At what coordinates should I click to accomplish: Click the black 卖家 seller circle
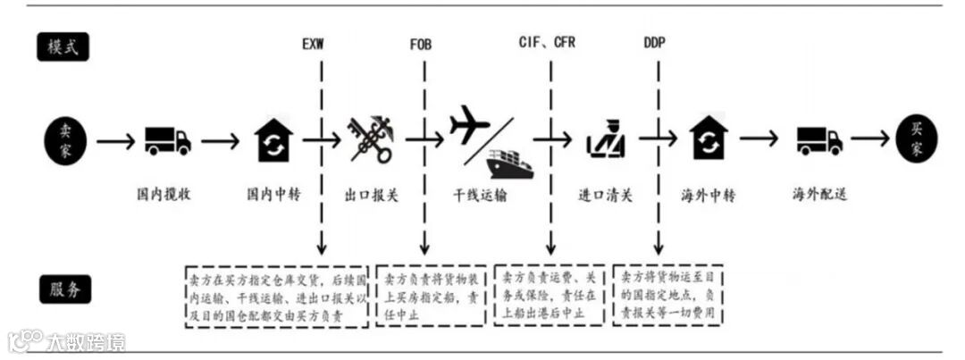(67, 140)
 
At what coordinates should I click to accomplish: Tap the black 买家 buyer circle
(918, 140)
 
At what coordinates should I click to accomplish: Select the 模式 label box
(63, 47)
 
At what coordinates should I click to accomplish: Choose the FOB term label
(421, 43)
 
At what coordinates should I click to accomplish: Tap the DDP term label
(654, 43)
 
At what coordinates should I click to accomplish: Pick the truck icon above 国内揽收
(168, 140)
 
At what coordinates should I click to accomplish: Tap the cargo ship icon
(510, 163)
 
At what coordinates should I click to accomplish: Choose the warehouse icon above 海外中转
(709, 139)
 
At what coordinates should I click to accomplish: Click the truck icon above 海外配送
(819, 140)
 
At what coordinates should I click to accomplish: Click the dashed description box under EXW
(276, 295)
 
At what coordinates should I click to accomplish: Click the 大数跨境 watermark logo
(67, 341)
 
